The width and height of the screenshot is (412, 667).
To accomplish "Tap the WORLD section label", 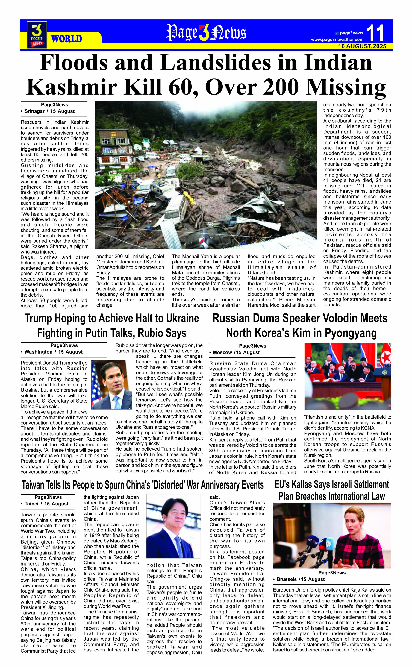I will [66, 39].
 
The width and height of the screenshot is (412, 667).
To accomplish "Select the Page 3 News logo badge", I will [37, 35].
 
